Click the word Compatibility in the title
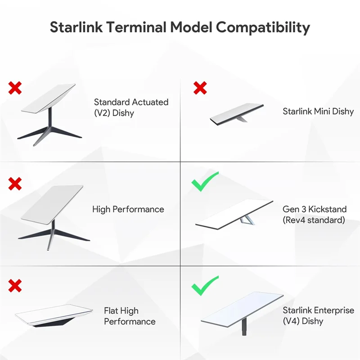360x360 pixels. pos(263,27)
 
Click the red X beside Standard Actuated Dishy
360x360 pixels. pos(15,88)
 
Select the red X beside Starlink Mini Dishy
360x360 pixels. pos(200,88)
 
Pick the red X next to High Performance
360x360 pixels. pos(15,183)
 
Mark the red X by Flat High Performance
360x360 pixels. pos(15,285)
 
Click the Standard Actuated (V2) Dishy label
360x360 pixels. pos(131,107)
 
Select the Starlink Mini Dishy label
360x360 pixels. pos(318,111)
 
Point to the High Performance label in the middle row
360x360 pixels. pos(128,209)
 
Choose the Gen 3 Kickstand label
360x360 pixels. pos(315,215)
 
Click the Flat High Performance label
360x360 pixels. pos(130,316)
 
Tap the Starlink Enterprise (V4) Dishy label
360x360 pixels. pos(318,316)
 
